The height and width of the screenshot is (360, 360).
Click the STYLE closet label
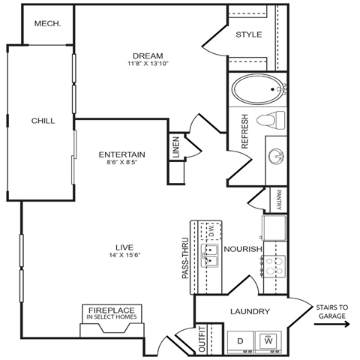tap(248, 34)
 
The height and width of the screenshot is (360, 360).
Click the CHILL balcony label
tap(42, 121)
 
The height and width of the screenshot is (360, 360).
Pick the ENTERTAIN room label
tap(121, 154)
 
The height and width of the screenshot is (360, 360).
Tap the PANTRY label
tap(277, 199)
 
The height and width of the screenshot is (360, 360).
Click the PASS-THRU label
tap(184, 259)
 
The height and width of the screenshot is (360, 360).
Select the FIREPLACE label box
tap(111, 313)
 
